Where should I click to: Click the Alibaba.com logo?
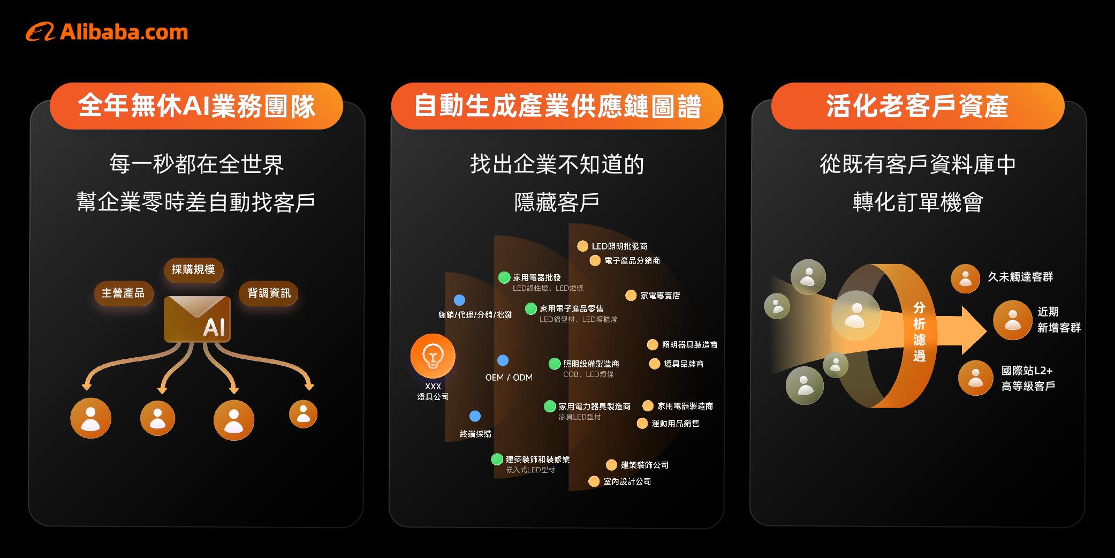tap(107, 32)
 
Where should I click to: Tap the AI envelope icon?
tap(197, 319)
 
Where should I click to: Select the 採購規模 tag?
tap(193, 269)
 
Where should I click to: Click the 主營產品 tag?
tap(123, 293)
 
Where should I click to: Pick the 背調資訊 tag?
tap(269, 293)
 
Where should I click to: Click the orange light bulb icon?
tap(433, 356)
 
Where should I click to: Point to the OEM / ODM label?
tap(509, 378)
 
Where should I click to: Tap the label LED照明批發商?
tap(619, 246)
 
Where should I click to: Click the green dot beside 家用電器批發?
tap(504, 277)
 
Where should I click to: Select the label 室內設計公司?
tap(627, 481)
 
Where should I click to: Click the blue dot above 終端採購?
tap(475, 416)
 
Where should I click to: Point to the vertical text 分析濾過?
tap(919, 332)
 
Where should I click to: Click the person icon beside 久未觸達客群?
tap(965, 278)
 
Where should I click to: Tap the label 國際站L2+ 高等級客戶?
tap(1028, 378)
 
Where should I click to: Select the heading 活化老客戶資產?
tap(917, 106)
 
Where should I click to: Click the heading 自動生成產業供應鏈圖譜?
tap(557, 106)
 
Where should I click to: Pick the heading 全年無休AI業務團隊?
tap(196, 106)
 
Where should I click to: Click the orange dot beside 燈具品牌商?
tap(654, 364)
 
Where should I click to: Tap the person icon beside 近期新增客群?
tap(1012, 320)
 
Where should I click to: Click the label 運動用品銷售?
tap(675, 424)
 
